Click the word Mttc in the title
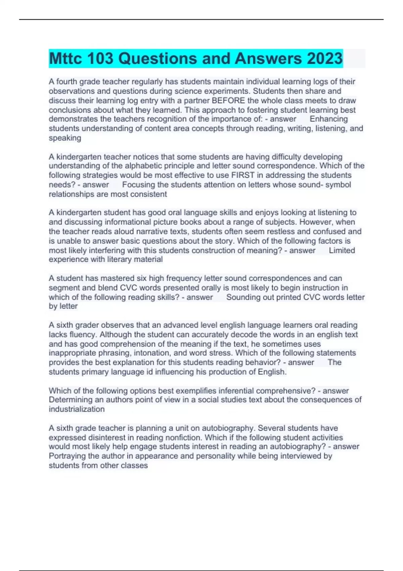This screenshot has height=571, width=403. [65, 58]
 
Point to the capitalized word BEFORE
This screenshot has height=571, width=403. [228, 100]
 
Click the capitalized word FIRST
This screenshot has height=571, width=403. [243, 175]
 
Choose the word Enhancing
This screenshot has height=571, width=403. [328, 119]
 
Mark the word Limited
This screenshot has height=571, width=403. [342, 250]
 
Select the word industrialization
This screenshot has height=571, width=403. [77, 409]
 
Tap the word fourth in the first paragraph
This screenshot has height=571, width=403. [67, 82]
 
